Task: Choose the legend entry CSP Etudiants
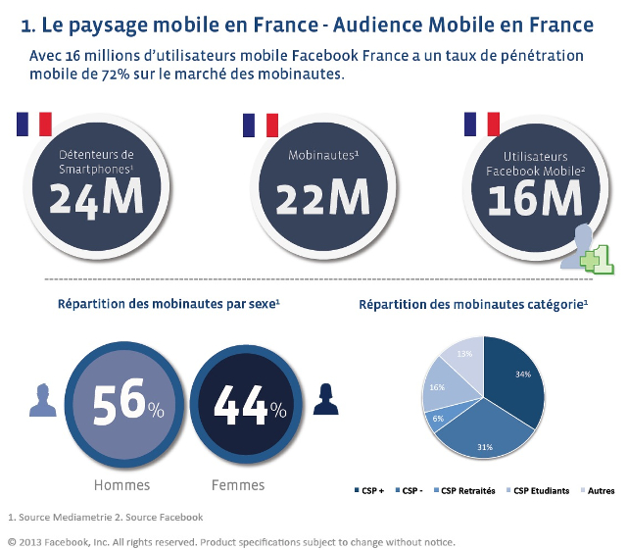[x=538, y=490]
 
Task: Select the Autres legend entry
[x=597, y=490]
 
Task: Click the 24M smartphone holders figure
[x=96, y=198]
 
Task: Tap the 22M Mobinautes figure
[x=322, y=198]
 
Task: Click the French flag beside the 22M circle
[x=261, y=125]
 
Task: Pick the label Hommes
[x=121, y=484]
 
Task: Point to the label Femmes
[x=238, y=484]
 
